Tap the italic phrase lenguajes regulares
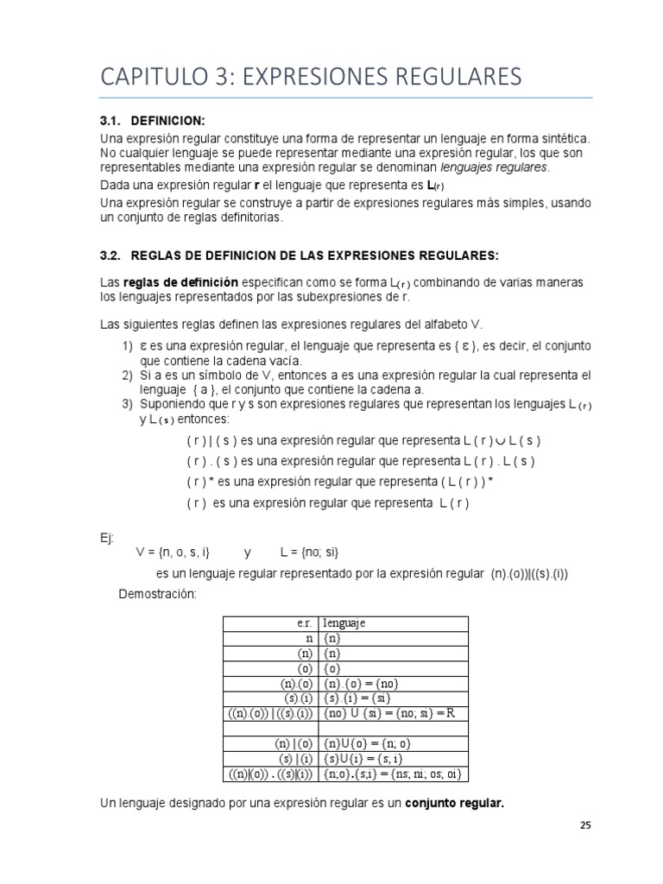coord(494,167)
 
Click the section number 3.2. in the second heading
coord(114,256)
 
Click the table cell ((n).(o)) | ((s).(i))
coord(271,715)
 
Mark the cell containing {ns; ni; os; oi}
coord(393,773)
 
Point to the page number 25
coord(585,825)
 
